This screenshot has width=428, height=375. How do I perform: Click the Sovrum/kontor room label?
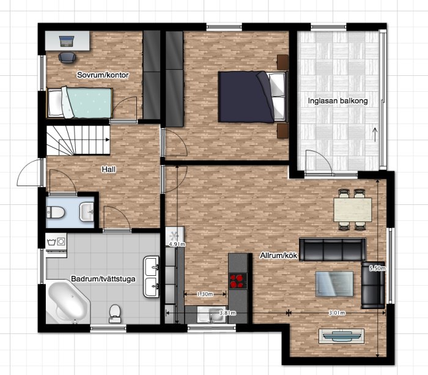point(103,75)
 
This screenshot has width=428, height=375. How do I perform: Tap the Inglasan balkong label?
point(338,101)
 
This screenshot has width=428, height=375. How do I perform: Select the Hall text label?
point(109,169)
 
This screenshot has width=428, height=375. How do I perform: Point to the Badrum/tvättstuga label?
point(103,279)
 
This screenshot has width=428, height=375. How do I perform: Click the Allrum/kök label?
point(279,256)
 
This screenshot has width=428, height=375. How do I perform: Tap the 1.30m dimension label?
point(205,294)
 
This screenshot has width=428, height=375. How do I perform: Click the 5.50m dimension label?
point(378,268)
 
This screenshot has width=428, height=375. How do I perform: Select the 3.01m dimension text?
point(337,313)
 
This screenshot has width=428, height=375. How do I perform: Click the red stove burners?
point(237,281)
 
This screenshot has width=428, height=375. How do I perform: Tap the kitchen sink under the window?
point(212,314)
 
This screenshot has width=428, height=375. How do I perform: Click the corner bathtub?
point(68,302)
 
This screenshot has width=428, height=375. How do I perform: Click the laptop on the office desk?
point(67,41)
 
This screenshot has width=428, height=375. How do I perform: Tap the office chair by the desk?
point(67,58)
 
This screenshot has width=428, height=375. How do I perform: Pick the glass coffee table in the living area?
point(334,284)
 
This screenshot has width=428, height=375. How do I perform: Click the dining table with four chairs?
point(352,210)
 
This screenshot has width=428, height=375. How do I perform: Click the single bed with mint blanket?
point(79,103)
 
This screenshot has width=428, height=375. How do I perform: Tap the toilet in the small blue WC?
point(56,212)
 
